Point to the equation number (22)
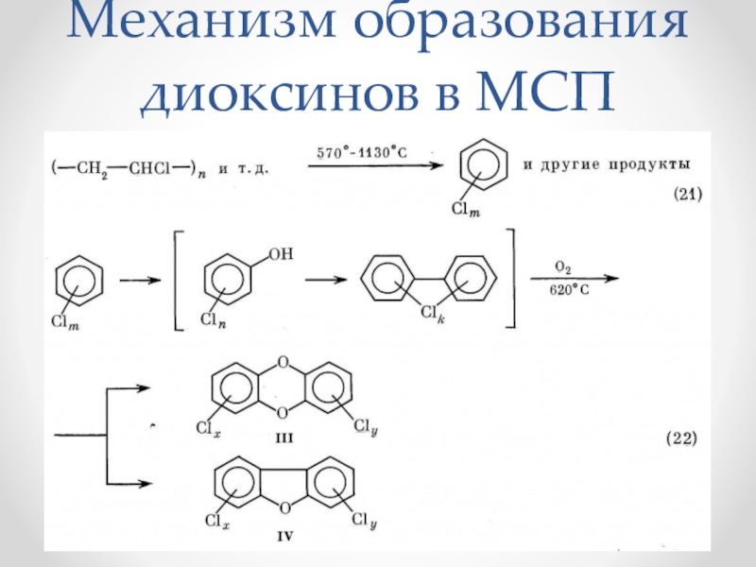[x=682, y=438]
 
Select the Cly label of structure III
[x=368, y=430]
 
